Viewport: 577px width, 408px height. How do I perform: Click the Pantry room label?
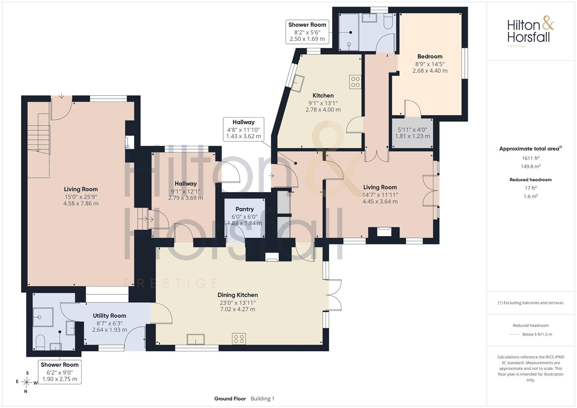coord(244,209)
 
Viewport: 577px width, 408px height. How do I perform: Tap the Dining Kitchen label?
coord(238,295)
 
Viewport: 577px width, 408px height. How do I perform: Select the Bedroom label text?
coord(430,56)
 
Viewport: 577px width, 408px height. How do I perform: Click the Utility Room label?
coord(110,316)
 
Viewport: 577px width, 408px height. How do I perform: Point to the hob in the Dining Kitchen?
coord(239,339)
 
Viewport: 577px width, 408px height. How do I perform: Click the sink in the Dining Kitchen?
coord(196,339)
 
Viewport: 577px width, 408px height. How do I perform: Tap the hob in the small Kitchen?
coord(355,82)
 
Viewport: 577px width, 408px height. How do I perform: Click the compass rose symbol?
coord(26,382)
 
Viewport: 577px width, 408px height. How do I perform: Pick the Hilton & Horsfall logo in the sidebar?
coord(531,31)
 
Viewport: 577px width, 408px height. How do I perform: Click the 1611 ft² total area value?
coord(531,158)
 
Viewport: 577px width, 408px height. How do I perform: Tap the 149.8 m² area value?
coord(531,166)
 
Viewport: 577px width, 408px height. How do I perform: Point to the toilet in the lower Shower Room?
coord(40,342)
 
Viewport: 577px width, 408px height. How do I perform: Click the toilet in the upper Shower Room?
coord(388,20)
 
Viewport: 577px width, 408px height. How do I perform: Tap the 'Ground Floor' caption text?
coord(230,399)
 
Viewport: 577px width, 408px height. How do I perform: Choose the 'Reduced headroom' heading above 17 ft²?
coord(531,180)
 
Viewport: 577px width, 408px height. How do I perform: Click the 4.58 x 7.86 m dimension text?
coord(81,204)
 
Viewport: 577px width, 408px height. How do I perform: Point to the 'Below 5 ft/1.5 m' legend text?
coord(537,334)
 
